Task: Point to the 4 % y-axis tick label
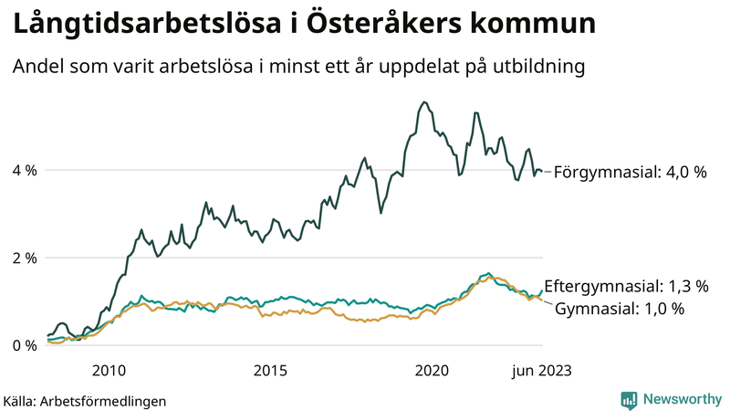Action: [25, 170]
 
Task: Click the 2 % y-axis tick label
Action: [25, 258]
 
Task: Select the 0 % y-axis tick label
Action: [25, 345]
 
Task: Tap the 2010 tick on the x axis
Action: [109, 370]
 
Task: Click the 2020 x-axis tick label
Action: [432, 370]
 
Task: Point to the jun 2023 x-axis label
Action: [543, 370]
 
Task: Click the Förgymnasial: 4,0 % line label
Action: [631, 171]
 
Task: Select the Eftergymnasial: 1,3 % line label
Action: [626, 286]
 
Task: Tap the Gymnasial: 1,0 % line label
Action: [620, 309]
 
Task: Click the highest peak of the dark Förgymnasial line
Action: [423, 101]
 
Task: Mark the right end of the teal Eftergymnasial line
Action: [542, 290]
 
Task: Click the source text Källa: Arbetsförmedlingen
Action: [85, 400]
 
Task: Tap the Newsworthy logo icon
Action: [629, 399]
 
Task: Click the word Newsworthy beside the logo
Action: [681, 399]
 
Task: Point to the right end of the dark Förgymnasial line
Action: [542, 171]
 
